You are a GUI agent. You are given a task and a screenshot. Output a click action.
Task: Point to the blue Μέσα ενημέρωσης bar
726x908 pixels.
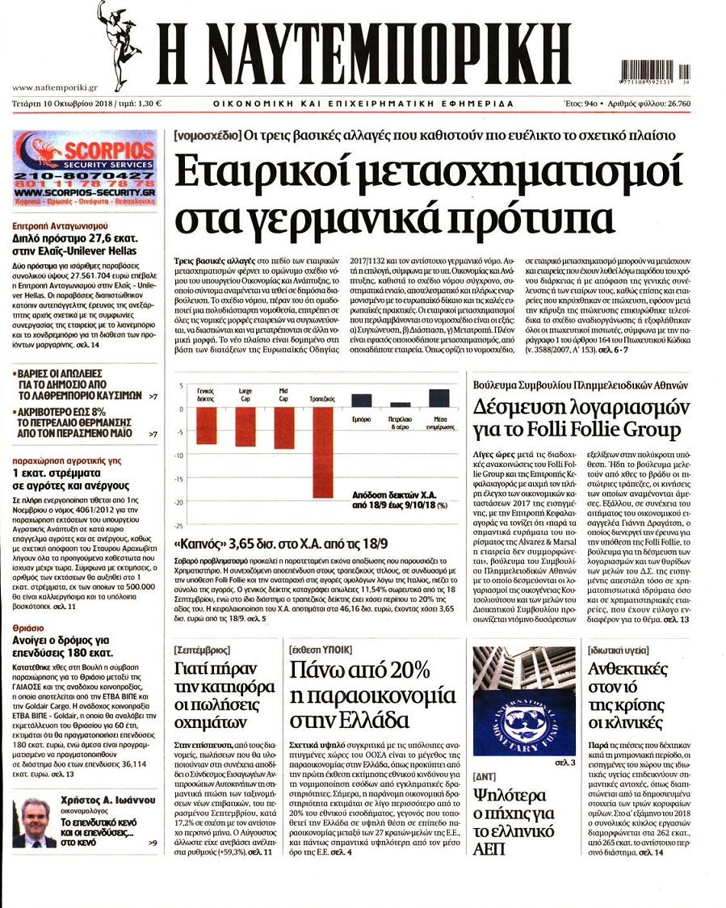coord(439,398)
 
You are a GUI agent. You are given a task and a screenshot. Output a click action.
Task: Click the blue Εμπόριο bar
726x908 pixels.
coord(361,400)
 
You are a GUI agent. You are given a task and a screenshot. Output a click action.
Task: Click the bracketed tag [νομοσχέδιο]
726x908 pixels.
coord(207,136)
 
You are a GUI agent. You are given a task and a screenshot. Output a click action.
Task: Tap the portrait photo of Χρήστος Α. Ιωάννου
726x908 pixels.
coord(34,822)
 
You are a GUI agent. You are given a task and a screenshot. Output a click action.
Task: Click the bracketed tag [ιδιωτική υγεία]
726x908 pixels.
coord(619,649)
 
